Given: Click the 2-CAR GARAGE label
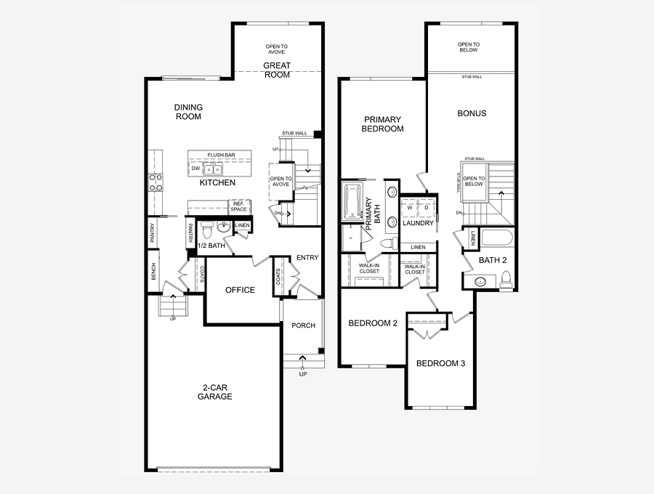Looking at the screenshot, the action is point(215,392).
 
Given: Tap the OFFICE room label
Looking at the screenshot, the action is point(240,290).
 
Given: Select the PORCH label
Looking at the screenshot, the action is point(303,325).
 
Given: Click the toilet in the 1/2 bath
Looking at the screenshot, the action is point(207,230).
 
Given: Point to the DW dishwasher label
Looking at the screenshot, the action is point(195,169).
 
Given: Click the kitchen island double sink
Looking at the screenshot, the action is point(213,169).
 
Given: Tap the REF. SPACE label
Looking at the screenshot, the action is point(238,206).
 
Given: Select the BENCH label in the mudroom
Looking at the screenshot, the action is point(153,271).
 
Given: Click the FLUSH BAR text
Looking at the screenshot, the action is point(221,155).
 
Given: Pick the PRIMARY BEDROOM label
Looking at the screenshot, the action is point(382,124).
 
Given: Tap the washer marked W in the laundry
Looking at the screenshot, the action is point(410,208).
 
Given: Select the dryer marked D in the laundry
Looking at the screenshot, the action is point(427,208).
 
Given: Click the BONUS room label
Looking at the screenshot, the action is point(472,113).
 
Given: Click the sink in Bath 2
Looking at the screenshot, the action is point(480,282).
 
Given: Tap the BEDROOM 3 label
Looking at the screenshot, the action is point(440,363).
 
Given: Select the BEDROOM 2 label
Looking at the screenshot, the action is point(373,323).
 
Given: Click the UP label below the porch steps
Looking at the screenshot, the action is point(303,374).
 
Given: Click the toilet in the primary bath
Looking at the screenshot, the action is point(390,243).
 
